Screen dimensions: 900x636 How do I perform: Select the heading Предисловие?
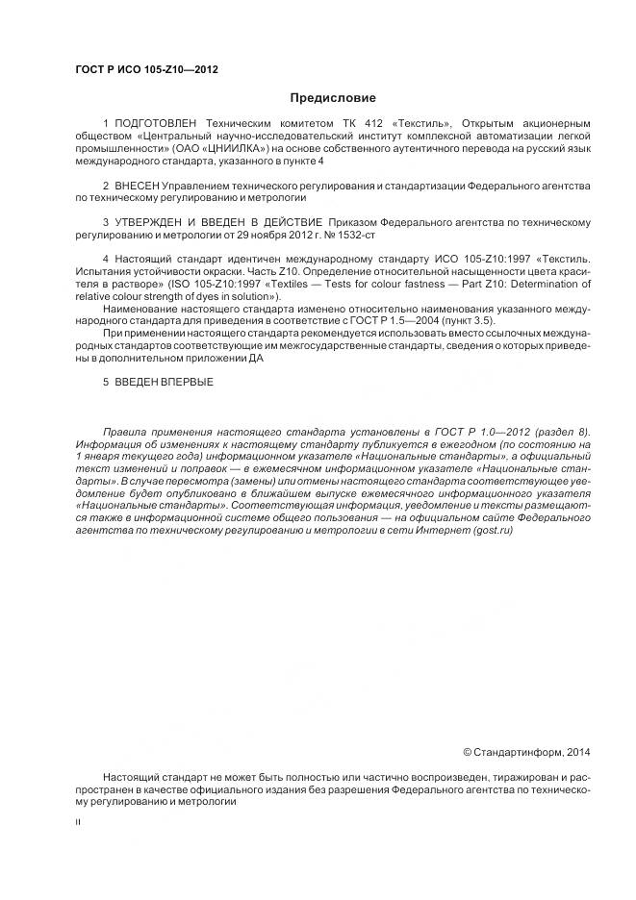(333, 98)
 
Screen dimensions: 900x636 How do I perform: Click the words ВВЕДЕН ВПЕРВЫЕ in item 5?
(164, 382)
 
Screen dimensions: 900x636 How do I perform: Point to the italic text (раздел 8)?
(562, 431)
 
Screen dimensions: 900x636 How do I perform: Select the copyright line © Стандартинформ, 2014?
(526, 751)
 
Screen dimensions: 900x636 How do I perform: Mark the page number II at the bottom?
(78, 824)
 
